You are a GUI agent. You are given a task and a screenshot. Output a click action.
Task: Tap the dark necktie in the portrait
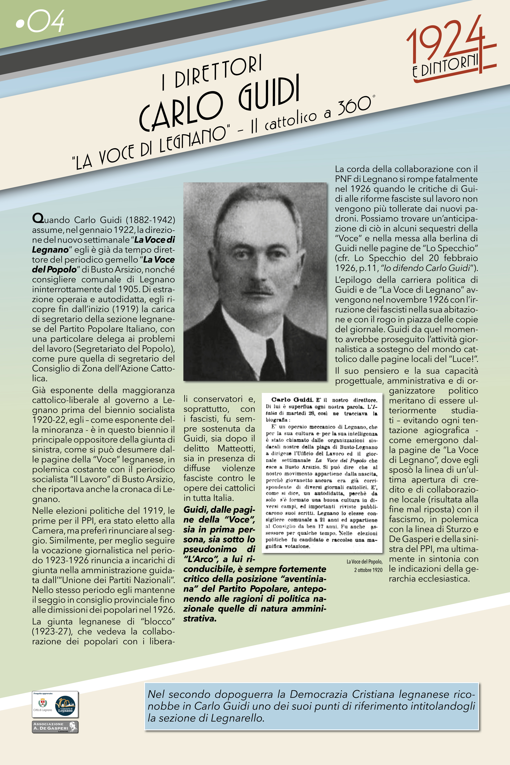point(273,356)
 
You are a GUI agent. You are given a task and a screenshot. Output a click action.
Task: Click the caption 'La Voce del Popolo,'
point(364,561)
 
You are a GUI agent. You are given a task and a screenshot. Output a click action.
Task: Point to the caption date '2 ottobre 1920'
point(368,570)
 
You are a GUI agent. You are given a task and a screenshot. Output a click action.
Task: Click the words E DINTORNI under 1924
point(446,67)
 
